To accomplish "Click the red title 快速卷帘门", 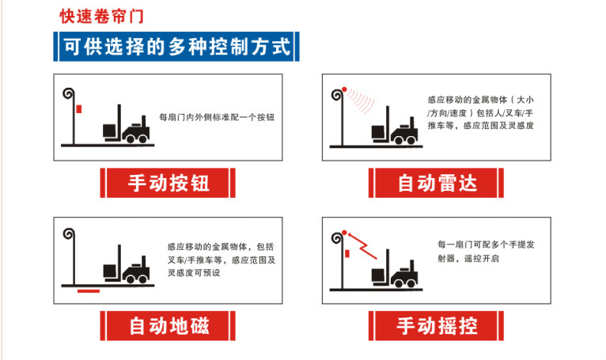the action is click(x=101, y=17).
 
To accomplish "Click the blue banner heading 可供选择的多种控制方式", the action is click(x=176, y=47).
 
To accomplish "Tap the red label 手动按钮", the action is click(x=168, y=183).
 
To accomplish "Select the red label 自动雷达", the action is click(x=437, y=183).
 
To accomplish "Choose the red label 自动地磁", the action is click(x=168, y=326).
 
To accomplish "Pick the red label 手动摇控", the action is click(x=437, y=326).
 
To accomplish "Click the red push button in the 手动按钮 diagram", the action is click(x=79, y=109).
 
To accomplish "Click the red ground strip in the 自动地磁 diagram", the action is click(x=89, y=291).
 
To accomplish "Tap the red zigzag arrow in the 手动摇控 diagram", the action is click(x=362, y=245).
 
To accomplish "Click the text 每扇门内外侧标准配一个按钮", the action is click(x=217, y=117).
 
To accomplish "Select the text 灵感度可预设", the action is click(x=194, y=273).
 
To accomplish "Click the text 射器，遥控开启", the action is click(x=468, y=258).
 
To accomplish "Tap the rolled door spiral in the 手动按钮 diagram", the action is click(x=69, y=93).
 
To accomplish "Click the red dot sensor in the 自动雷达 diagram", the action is click(x=344, y=89).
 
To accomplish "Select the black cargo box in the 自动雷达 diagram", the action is click(x=378, y=132).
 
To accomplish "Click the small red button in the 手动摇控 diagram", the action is click(x=347, y=254).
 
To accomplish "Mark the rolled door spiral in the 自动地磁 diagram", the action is click(x=69, y=234).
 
